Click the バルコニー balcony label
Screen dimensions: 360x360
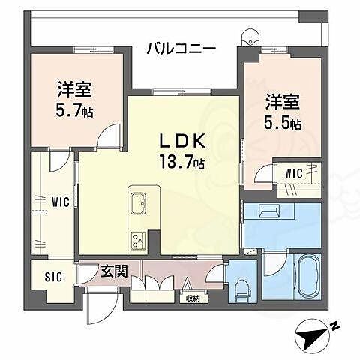coord(181,49)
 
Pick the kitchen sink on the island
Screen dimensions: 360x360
coord(140,203)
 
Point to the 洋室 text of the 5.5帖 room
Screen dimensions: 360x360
coord(280,100)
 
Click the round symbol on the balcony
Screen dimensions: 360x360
coord(249,35)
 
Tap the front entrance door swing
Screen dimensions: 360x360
coord(97,304)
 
